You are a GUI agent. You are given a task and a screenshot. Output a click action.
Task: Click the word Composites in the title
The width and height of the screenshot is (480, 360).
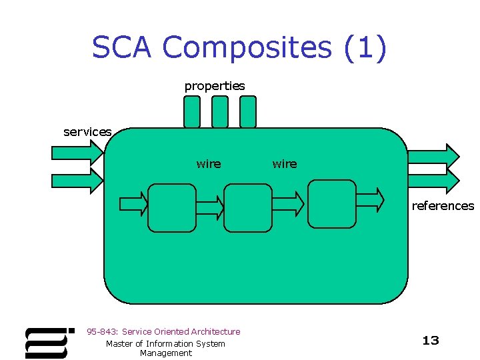pyautogui.click(x=246, y=48)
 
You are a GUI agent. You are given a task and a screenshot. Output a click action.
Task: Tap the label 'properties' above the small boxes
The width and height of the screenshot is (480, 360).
pyautogui.click(x=214, y=86)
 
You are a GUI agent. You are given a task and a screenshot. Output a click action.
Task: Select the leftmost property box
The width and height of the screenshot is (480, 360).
pyautogui.click(x=191, y=112)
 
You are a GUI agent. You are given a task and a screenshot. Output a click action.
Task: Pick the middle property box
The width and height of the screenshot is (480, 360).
pyautogui.click(x=219, y=112)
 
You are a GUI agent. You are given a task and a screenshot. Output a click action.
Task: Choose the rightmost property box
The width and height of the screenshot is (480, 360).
pyautogui.click(x=247, y=112)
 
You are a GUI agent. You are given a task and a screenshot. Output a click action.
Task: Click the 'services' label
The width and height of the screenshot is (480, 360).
pyautogui.click(x=87, y=132)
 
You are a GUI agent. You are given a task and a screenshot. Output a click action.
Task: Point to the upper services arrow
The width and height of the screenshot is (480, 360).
pyautogui.click(x=77, y=154)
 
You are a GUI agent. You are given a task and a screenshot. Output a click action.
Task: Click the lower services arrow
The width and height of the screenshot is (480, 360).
pyautogui.click(x=77, y=180)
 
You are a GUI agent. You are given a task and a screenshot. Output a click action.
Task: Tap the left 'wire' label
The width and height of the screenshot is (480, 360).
pyautogui.click(x=208, y=164)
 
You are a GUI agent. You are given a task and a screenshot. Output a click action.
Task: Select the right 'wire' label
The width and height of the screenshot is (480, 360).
pyautogui.click(x=285, y=164)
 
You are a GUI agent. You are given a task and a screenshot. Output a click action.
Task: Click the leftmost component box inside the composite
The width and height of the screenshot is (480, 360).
pyautogui.click(x=171, y=207)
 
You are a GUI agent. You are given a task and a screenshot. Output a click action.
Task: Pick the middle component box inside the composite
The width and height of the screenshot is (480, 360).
pyautogui.click(x=247, y=207)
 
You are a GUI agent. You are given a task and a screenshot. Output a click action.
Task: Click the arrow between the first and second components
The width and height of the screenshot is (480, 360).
pyautogui.click(x=211, y=207)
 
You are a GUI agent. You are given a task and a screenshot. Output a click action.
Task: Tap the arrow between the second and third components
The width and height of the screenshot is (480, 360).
pyautogui.click(x=289, y=201)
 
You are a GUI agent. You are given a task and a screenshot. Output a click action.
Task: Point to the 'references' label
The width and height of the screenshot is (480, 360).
pyautogui.click(x=443, y=206)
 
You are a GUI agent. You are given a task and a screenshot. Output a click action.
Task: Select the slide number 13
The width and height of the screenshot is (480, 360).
pyautogui.click(x=431, y=341)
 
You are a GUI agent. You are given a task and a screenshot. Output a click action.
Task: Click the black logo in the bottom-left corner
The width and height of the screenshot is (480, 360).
pyautogui.click(x=48, y=342)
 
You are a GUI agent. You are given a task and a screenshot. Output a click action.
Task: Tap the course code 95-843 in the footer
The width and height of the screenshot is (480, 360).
pyautogui.click(x=102, y=331)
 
